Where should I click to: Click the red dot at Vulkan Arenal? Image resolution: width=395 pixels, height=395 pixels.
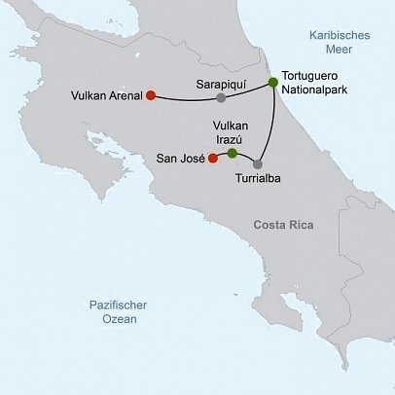click(x=151, y=95)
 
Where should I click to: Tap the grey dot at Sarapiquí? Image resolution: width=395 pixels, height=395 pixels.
click(x=222, y=97)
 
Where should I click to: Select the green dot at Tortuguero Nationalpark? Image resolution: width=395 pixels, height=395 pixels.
click(x=273, y=83)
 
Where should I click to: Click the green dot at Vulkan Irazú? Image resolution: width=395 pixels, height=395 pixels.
click(x=232, y=153)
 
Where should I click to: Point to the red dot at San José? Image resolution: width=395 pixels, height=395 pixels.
click(x=212, y=158)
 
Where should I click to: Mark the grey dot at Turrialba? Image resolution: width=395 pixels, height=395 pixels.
click(x=258, y=164)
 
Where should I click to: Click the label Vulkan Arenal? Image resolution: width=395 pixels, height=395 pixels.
click(x=107, y=95)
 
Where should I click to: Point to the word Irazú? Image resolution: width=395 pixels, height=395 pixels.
click(x=231, y=139)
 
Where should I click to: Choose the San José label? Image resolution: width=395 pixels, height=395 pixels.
click(x=179, y=158)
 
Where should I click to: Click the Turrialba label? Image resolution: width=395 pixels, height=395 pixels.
click(x=261, y=180)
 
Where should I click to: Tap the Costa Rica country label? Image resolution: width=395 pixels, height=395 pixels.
click(x=283, y=226)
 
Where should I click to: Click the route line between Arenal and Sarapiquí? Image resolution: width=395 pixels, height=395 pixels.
click(x=185, y=99)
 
